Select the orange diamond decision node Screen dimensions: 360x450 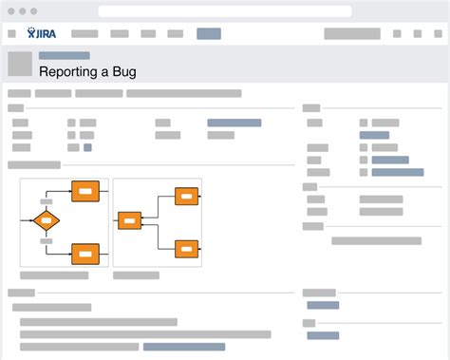(46, 221)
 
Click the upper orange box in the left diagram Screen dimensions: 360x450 (85, 191)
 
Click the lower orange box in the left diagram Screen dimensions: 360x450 (85, 254)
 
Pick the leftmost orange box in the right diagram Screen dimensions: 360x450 (129, 221)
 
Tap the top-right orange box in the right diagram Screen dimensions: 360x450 (187, 197)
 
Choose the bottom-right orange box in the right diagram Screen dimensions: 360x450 (187, 248)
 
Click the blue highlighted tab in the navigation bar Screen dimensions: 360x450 (209, 34)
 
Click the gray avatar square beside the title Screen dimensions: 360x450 (19, 64)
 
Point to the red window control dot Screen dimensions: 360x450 (12, 11)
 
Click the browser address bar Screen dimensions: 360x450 (224, 11)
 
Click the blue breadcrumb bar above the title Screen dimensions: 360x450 (64, 55)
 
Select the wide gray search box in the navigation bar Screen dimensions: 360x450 (352, 34)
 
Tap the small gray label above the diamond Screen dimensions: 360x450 (46, 201)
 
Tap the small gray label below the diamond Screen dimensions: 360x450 (46, 241)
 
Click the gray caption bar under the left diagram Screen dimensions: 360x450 (54, 275)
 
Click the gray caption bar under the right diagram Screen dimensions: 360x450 (136, 275)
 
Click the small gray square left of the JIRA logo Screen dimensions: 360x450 (12, 34)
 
